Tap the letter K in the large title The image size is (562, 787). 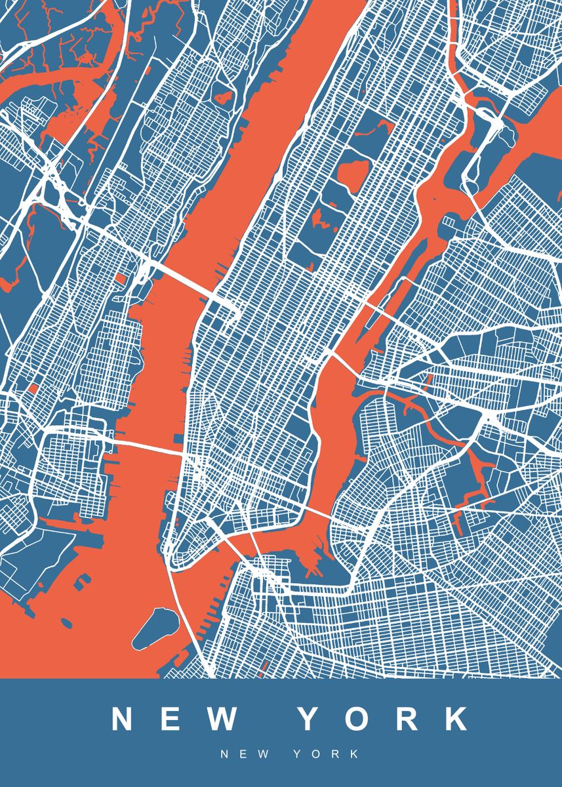453,719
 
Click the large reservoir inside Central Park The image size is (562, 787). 353,172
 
